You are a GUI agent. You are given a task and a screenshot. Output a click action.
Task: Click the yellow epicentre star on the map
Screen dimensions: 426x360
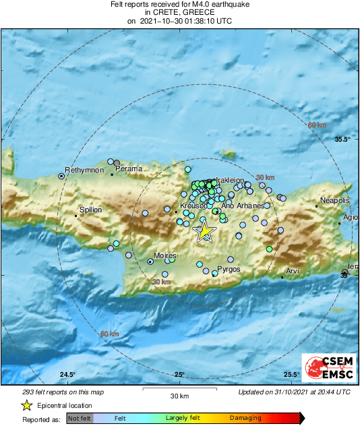205,232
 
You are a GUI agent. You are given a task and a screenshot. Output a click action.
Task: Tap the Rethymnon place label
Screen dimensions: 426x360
84,171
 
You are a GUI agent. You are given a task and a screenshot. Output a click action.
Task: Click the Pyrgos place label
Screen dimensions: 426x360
229,269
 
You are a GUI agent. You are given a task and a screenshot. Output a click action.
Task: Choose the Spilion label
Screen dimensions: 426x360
91,210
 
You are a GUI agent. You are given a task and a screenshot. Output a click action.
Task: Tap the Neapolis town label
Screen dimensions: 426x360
334,201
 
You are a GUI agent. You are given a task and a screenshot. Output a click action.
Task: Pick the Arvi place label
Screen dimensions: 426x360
292,271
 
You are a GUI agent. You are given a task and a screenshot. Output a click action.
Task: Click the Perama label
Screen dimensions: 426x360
129,169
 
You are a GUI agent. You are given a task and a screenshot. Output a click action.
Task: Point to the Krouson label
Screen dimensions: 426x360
193,206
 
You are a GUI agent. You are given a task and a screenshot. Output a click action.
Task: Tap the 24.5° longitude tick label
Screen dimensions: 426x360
67,374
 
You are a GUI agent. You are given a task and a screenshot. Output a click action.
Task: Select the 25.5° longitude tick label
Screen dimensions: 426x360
291,374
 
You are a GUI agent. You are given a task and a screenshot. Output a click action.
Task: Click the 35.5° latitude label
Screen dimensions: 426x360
343,140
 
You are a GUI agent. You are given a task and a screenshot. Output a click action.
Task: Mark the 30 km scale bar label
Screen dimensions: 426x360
179,396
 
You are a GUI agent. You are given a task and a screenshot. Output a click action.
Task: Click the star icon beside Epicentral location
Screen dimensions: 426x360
26,405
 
